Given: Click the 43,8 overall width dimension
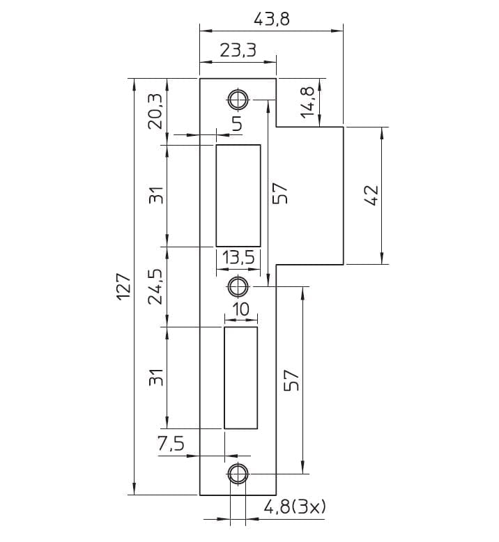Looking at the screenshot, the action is tap(272, 19).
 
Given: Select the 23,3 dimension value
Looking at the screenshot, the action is tap(238, 50).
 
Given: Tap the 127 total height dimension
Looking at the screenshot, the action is tap(123, 286).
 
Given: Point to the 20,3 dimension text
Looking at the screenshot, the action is tap(155, 111).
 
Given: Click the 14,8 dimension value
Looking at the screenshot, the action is tap(307, 102).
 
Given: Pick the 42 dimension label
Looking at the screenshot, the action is tap(371, 196).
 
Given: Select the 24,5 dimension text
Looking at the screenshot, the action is tap(155, 286).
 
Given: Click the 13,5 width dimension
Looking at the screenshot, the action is tap(238, 258).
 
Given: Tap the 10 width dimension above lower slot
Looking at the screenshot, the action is tap(240, 309).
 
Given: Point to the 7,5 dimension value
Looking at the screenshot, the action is tap(171, 444).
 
